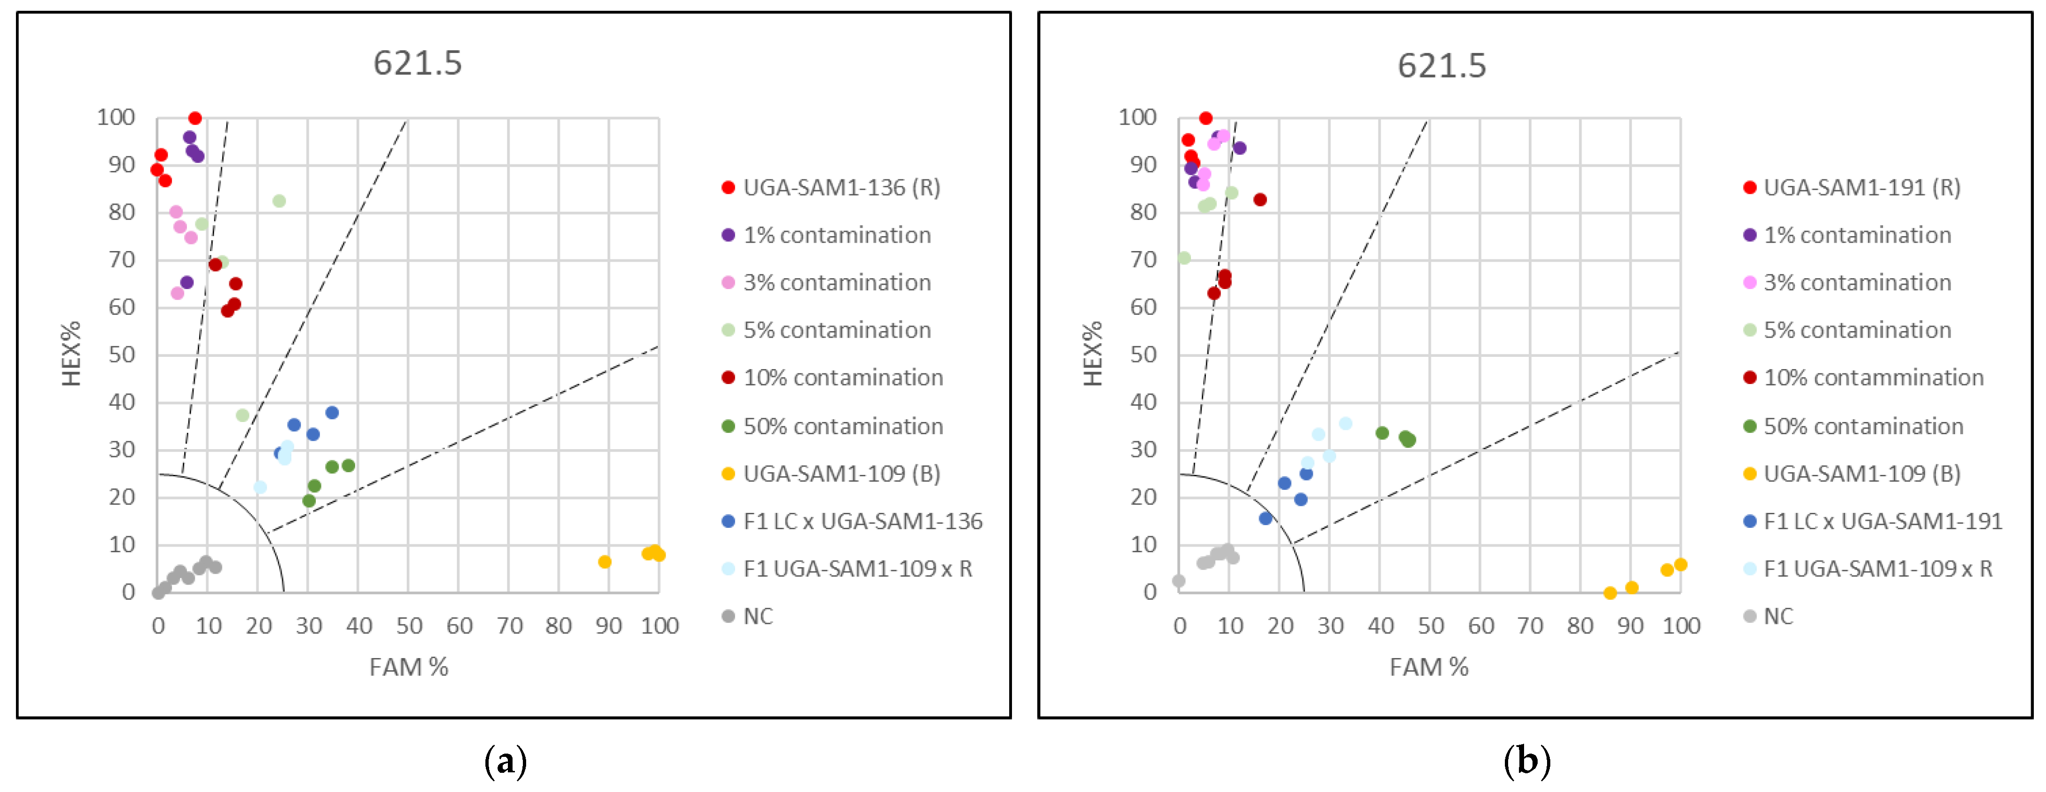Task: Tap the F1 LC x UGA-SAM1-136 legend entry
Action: coord(862,521)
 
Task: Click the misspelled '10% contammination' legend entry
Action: coord(1873,377)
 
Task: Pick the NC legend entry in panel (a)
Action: coord(757,616)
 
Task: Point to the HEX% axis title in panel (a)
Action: coord(72,354)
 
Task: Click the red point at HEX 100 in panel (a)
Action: coord(194,118)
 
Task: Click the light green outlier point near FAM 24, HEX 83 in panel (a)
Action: coord(279,201)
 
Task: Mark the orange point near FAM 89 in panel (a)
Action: coord(604,562)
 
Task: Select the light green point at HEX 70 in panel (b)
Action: coord(1183,258)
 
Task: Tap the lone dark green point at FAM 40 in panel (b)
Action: coord(1382,433)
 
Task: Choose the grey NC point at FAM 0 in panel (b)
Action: coord(1179,581)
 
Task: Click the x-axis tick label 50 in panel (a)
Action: coord(409,626)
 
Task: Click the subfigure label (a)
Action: coord(505,761)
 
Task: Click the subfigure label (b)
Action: coord(1526,761)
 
